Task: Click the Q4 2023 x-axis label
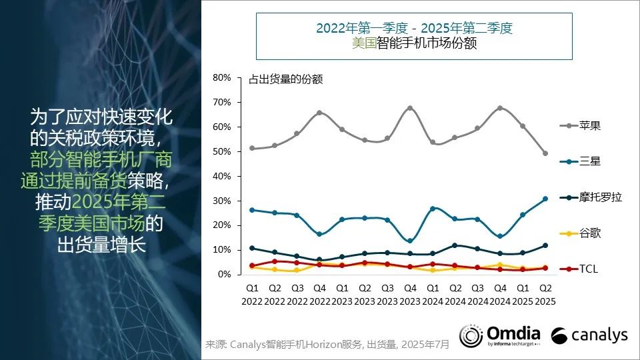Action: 410,295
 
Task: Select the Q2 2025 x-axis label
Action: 545,295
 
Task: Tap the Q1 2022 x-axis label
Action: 252,295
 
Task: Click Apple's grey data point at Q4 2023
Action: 410,108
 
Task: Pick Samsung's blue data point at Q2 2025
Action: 545,199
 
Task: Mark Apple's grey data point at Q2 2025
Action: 545,153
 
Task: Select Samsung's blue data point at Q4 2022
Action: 319,234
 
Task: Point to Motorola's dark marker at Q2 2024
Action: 455,245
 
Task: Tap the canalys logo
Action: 590,335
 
